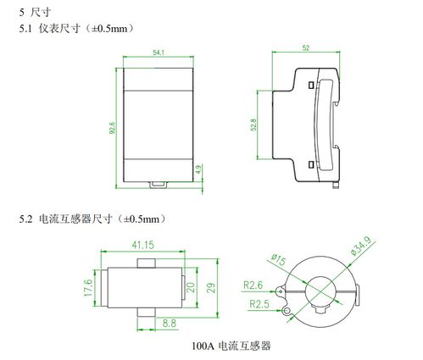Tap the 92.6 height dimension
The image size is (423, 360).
(x=113, y=128)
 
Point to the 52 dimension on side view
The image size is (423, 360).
(x=306, y=48)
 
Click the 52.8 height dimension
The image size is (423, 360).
(x=252, y=125)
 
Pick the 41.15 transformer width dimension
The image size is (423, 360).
(x=142, y=245)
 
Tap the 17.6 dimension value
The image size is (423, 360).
(x=86, y=287)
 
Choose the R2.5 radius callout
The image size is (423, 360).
(x=260, y=302)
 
